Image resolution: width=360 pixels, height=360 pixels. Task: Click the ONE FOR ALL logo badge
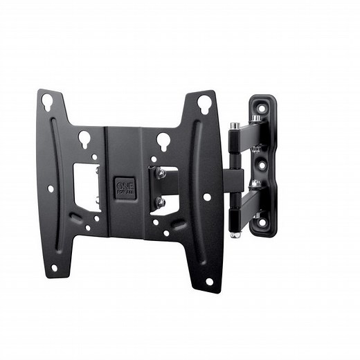pyautogui.click(x=125, y=188)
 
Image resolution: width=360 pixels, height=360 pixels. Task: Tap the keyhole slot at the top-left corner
pyautogui.click(x=47, y=102)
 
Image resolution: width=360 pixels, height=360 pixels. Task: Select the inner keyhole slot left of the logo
pyautogui.click(x=84, y=138)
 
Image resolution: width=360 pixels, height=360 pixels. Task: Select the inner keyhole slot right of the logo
pyautogui.click(x=163, y=141)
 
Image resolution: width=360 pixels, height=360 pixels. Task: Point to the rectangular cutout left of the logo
pyautogui.click(x=87, y=187)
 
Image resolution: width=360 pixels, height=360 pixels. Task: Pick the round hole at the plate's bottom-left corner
pyautogui.click(x=54, y=267)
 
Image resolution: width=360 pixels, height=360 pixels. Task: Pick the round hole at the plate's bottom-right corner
pyautogui.click(x=209, y=281)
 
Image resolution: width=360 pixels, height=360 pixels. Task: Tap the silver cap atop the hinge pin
pyautogui.click(x=235, y=126)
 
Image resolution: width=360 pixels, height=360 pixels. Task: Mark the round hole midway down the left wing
pyautogui.click(x=51, y=188)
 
